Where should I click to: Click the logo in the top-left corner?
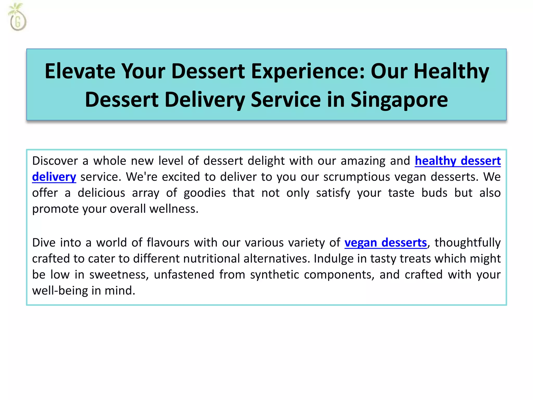(17, 18)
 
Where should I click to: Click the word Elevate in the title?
(80, 71)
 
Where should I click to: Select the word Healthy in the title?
(451, 71)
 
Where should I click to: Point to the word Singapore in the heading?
(399, 99)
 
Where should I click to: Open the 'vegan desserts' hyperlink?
(385, 243)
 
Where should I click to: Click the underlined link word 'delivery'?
(54, 177)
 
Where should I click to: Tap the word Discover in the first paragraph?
(55, 161)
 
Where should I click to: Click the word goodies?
(205, 193)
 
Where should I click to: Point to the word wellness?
(174, 209)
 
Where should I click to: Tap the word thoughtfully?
(467, 243)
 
